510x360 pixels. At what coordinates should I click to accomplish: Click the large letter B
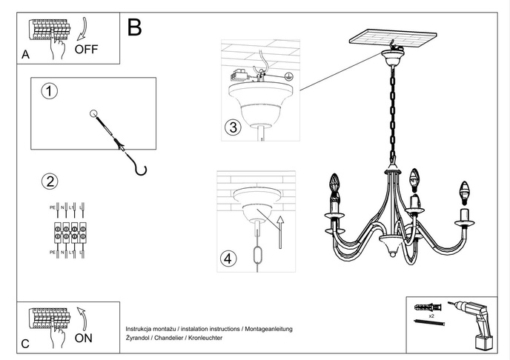pos(134,27)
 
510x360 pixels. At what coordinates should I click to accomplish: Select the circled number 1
pos(50,92)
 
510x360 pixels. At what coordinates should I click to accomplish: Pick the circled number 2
pos(50,181)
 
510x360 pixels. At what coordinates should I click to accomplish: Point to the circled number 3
pos(232,127)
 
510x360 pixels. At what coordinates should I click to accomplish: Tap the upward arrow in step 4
pos(280,230)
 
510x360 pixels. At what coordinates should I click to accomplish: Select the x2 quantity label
pos(430,315)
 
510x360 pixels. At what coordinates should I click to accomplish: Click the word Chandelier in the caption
pos(169,338)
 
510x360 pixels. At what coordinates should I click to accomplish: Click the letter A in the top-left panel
pos(25,55)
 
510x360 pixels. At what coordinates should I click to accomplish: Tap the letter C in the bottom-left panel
pos(25,344)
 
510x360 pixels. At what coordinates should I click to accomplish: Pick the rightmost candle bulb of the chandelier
pos(466,191)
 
